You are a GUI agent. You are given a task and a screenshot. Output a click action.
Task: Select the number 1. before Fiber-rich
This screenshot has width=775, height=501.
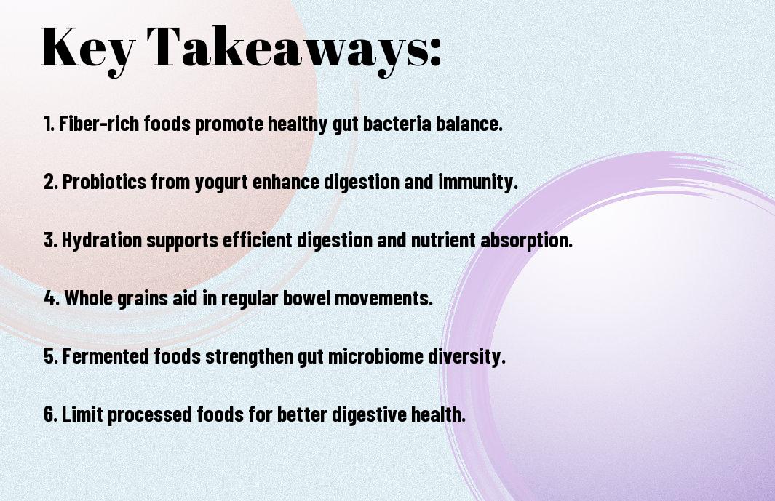pos(49,124)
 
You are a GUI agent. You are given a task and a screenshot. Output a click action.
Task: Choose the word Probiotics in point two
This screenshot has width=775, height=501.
pos(104,183)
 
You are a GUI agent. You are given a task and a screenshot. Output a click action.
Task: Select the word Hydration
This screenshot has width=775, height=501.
pos(102,241)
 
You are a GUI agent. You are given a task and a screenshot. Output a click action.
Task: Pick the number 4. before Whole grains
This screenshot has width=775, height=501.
pos(52,298)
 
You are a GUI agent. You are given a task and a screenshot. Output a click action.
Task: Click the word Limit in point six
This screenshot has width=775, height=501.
pos(82,415)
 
